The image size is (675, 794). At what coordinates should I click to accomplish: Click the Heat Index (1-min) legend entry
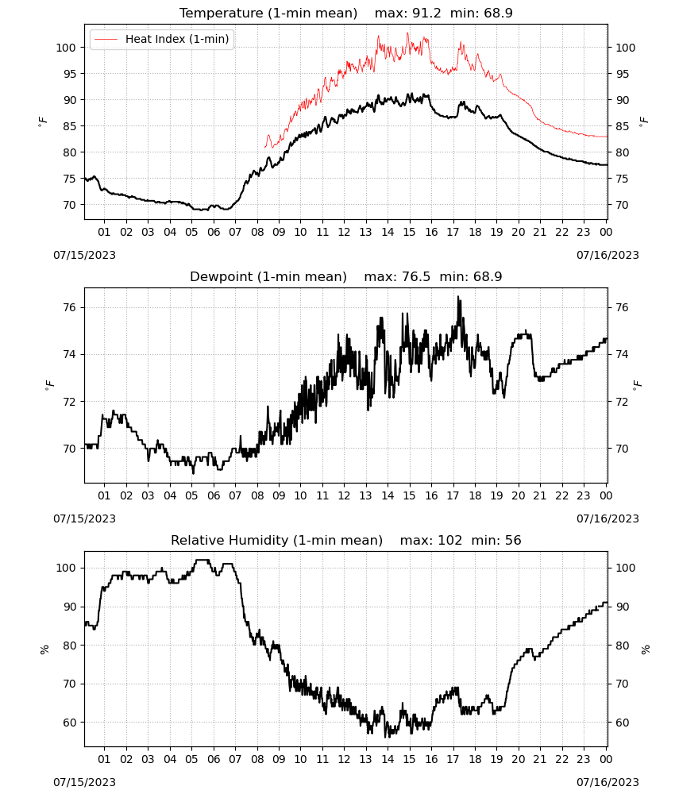point(161,39)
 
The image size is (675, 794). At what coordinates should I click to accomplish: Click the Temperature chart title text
point(268,13)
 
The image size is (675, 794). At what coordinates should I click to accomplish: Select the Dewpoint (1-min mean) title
point(268,276)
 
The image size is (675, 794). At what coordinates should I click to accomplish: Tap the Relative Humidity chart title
point(276,540)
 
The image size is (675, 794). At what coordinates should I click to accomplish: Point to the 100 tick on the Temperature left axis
point(66,48)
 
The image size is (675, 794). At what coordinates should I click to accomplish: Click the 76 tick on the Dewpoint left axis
point(69,307)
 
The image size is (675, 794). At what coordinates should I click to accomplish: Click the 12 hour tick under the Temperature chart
point(344,232)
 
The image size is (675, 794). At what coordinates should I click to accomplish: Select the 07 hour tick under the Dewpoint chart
point(235,495)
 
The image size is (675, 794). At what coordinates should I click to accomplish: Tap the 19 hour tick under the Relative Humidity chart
point(497,759)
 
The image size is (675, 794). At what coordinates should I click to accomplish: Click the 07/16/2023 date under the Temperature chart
point(607,255)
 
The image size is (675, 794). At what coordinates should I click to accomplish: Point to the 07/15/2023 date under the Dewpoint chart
point(84,518)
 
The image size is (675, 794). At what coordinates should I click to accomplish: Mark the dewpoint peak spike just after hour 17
point(458,297)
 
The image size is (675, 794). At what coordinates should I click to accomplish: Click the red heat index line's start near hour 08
point(264,148)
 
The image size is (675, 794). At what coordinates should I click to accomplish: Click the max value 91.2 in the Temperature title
point(427,13)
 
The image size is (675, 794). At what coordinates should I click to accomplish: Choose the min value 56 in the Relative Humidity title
point(513,540)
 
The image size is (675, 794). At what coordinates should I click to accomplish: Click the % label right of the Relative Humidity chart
point(645,649)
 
